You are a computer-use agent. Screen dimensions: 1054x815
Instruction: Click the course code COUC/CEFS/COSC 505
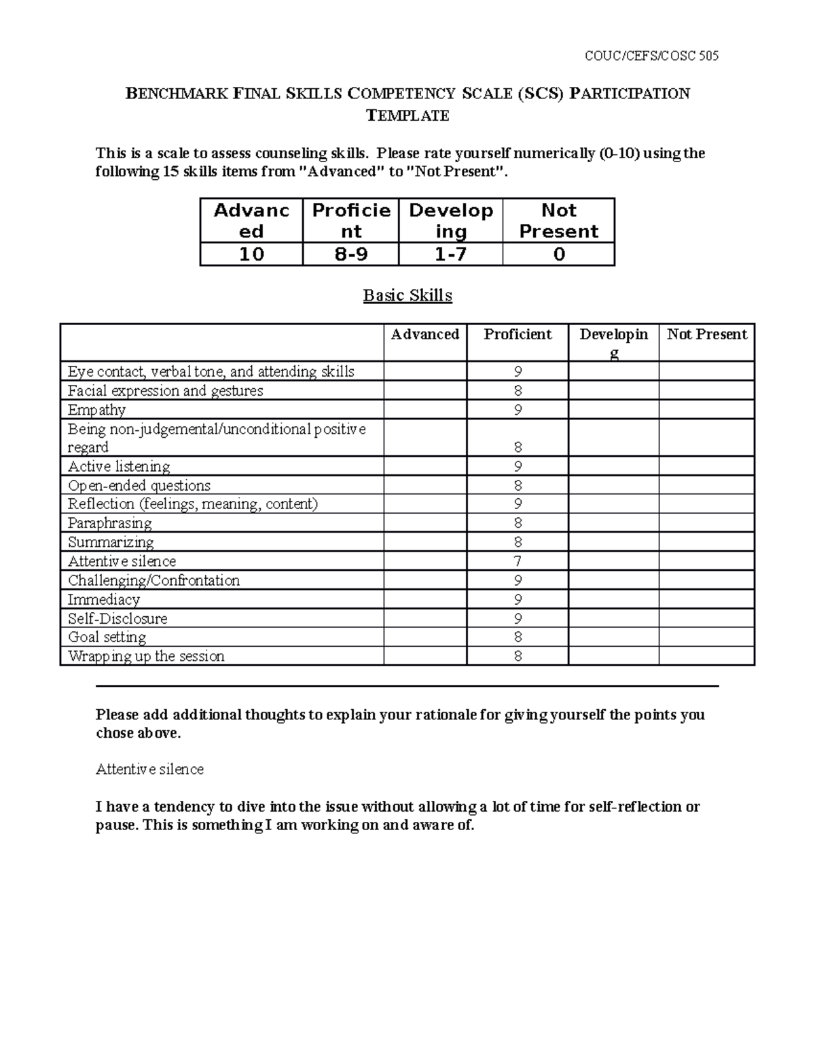tap(651, 56)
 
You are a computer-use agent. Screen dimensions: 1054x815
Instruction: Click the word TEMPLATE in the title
tap(407, 115)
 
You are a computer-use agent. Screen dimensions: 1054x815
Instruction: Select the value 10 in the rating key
tap(251, 255)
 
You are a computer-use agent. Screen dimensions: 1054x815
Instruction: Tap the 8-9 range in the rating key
tap(350, 255)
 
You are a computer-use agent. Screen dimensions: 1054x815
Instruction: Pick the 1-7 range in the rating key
tap(451, 255)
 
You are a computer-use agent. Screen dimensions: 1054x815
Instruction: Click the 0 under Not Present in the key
tap(559, 255)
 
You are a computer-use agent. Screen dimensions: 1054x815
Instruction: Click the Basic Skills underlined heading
tap(407, 295)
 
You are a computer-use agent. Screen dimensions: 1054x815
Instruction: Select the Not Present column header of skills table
tap(706, 334)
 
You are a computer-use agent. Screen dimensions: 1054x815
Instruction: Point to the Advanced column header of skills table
tap(425, 334)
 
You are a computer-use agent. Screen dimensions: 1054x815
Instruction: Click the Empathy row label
tap(96, 410)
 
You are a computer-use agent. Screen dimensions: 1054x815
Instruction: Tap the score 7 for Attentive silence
tap(518, 561)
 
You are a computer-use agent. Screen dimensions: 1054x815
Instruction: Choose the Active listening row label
tap(119, 466)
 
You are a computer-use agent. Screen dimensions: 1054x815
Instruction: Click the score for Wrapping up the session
tap(518, 656)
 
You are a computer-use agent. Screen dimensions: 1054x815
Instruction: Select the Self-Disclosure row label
tap(117, 618)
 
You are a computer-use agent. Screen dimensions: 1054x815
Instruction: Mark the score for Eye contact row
tap(518, 372)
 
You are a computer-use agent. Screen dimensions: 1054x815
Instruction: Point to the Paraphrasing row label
tap(110, 523)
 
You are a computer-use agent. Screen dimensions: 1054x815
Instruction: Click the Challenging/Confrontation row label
tap(153, 580)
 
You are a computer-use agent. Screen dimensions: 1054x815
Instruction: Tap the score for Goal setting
tap(518, 637)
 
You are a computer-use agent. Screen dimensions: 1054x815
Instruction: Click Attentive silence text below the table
tap(149, 769)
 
